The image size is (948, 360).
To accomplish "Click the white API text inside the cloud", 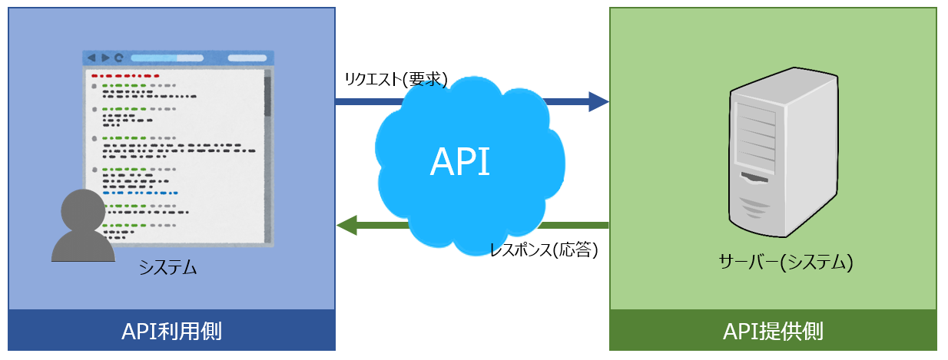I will point(459,162).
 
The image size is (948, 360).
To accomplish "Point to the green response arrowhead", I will point(347,225).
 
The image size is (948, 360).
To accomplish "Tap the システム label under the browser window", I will point(168,267).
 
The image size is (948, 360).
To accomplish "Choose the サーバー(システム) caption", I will point(786,263).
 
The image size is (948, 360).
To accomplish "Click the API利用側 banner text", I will point(172,332).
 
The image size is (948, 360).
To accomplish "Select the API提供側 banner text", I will point(773,332).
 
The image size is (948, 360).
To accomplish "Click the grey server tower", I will point(781,154).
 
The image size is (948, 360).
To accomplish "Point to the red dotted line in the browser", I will point(125,76).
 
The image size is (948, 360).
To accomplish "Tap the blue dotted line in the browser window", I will point(141,193).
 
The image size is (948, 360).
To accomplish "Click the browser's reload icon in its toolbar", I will point(118,58).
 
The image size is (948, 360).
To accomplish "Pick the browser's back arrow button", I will point(91,58).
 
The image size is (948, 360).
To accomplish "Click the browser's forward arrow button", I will point(105,58).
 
